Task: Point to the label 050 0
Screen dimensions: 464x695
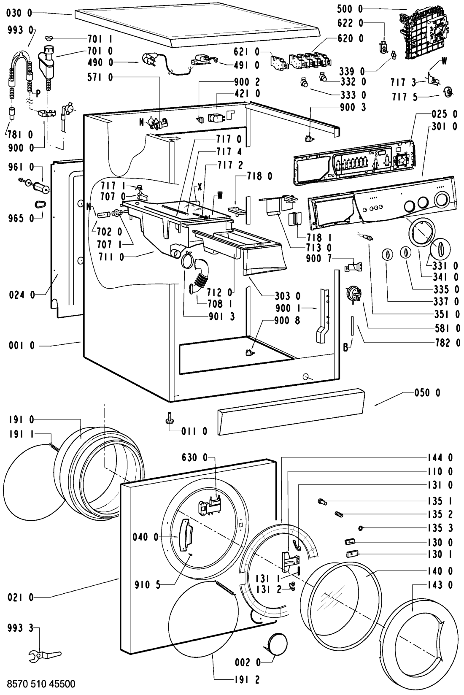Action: click(x=427, y=393)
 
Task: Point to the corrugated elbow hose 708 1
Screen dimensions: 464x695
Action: click(x=199, y=276)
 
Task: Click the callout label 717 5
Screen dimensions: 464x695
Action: click(x=405, y=97)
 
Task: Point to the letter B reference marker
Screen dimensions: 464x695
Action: click(x=345, y=348)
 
